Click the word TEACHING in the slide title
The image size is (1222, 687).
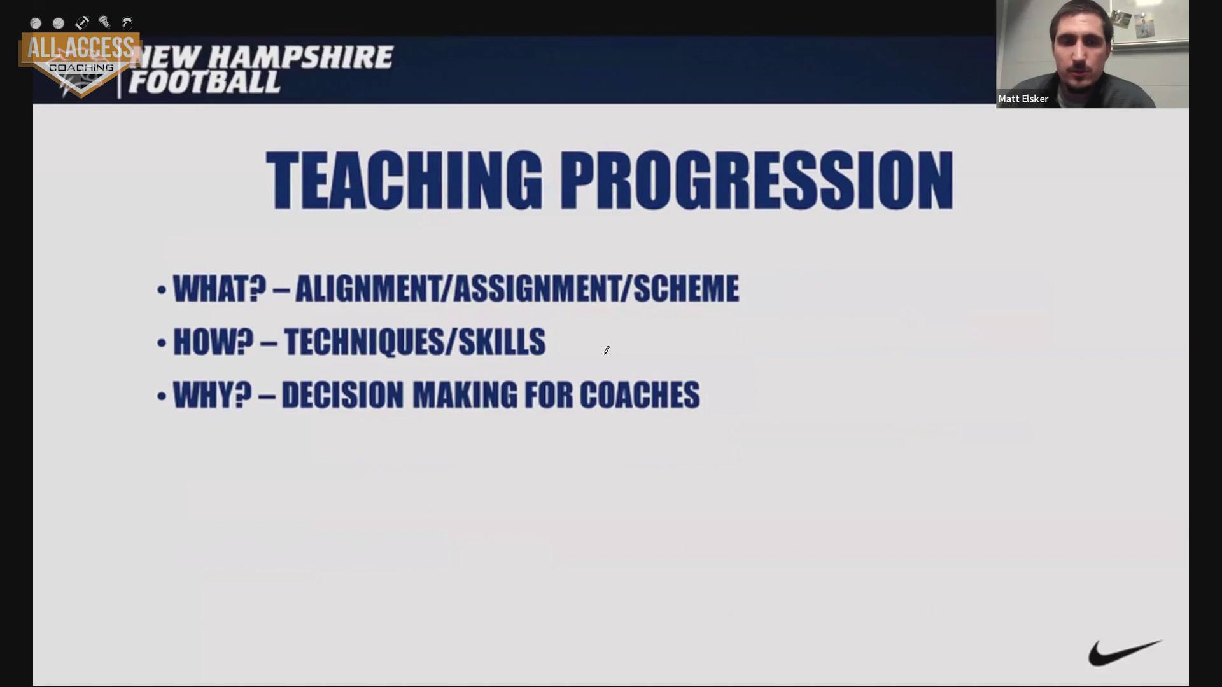(404, 181)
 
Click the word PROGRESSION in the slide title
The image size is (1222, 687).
(757, 181)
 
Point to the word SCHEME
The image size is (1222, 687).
(686, 289)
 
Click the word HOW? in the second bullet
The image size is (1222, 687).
(213, 342)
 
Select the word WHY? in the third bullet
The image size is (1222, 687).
(213, 396)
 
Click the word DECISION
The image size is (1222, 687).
(342, 396)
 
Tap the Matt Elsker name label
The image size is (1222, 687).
(1023, 99)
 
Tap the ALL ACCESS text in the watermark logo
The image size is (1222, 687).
(80, 48)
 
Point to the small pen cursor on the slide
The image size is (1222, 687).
(607, 350)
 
